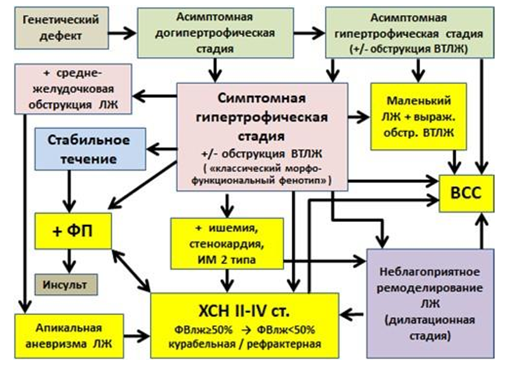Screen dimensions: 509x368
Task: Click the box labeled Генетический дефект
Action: coord(62,28)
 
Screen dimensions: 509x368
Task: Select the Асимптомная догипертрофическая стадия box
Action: coord(215,33)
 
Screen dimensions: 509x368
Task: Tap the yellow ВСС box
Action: coord(466,194)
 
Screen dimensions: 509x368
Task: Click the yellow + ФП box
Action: coord(73,231)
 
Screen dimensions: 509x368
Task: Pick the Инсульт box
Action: coord(66,285)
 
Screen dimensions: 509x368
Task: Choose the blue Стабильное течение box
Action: coord(90,149)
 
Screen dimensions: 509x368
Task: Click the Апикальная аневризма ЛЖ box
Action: coord(69,336)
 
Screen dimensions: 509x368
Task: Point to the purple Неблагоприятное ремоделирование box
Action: coord(431,303)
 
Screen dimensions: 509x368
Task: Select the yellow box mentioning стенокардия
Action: coord(227,243)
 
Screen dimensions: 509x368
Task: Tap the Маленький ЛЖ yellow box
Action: coord(419,117)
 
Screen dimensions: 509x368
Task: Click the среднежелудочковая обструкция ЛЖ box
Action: coord(73,89)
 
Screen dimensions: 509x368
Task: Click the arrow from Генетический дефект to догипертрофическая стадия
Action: coord(122,33)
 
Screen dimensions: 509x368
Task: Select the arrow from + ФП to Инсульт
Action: coord(69,261)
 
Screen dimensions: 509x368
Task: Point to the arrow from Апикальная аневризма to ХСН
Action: coord(136,336)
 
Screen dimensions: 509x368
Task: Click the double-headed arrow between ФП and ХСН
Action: coord(131,270)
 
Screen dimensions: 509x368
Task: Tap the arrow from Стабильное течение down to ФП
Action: coord(69,191)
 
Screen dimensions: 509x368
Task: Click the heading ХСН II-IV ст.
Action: coord(244,311)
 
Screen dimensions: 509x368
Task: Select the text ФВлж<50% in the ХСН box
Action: coord(286,330)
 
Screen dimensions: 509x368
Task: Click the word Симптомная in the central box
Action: coord(262,98)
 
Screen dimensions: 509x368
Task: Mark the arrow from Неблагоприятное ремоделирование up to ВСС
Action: coord(481,231)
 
